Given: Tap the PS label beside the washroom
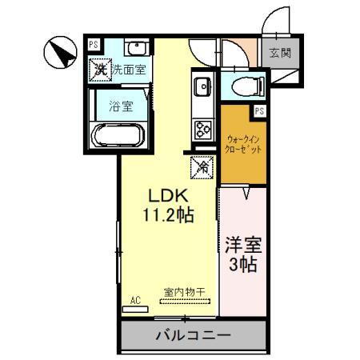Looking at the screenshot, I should (x=94, y=45).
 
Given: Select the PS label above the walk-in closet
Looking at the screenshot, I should (x=258, y=111).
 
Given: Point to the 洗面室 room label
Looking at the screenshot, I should (x=128, y=70).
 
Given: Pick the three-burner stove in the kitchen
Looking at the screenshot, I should (x=201, y=128).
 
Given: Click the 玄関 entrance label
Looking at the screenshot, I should (x=279, y=54).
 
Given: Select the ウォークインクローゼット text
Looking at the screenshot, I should (x=243, y=143).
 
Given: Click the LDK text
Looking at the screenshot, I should (x=168, y=194).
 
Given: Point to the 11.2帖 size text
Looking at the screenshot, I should (x=168, y=214).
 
